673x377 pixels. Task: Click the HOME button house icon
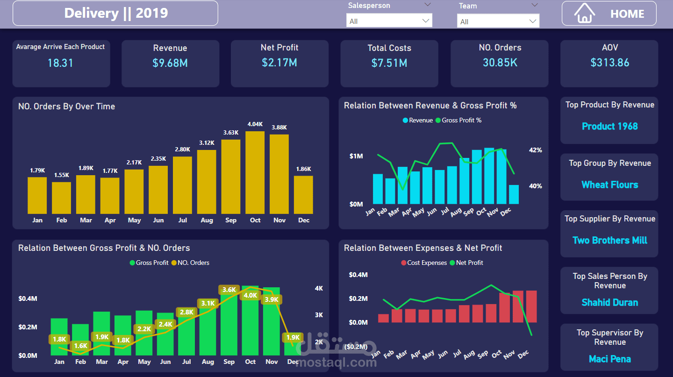point(584,13)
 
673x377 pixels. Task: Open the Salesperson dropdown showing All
point(389,21)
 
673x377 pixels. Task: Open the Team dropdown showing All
point(498,21)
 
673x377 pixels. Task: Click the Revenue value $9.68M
point(170,63)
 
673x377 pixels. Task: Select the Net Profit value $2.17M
point(279,63)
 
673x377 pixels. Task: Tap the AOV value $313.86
point(609,63)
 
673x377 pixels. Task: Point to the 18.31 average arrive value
point(60,63)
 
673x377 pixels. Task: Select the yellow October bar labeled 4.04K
point(255,173)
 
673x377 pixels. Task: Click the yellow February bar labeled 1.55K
point(61,198)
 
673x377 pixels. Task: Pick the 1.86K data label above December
point(303,169)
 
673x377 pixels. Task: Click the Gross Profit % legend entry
point(458,120)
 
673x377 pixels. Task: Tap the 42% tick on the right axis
point(535,150)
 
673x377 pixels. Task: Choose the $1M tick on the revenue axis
point(356,156)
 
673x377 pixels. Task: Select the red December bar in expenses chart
point(531,306)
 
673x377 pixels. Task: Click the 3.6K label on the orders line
point(229,290)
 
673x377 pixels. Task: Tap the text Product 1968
point(609,126)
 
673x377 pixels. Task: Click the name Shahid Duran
point(609,302)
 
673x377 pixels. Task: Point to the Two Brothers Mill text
point(609,240)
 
